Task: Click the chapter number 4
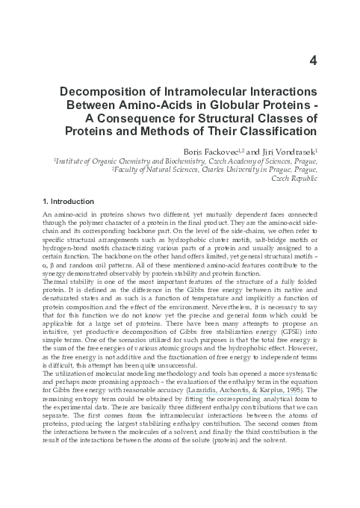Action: tap(314, 62)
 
